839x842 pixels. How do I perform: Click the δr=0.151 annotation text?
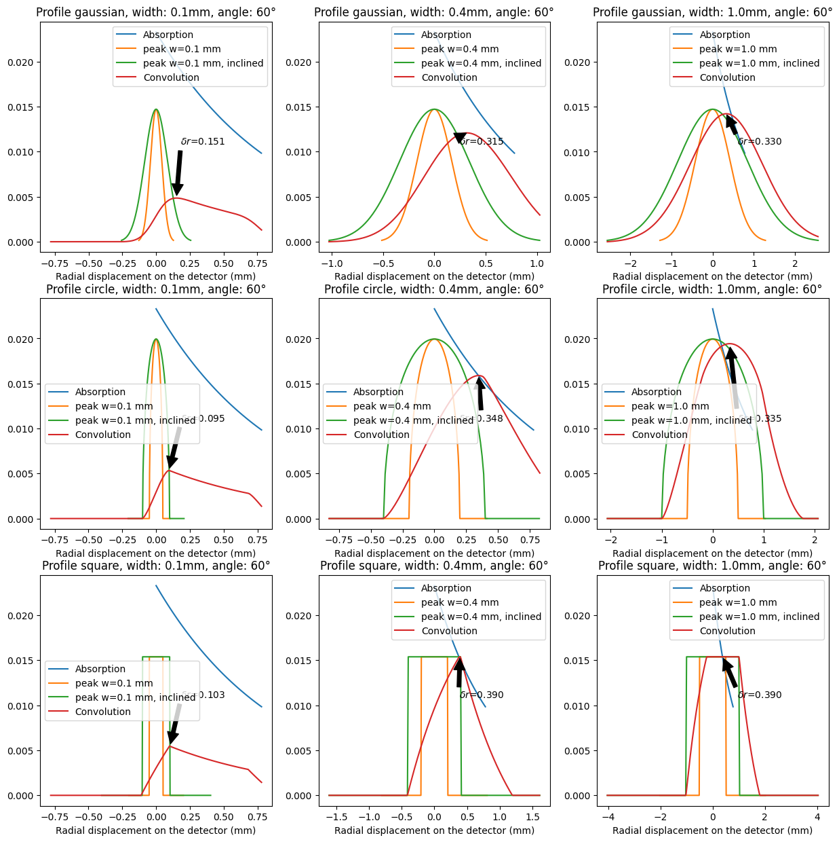[x=202, y=142]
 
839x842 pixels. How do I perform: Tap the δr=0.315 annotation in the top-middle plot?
[x=481, y=142]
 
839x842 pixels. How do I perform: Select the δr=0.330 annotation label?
[x=759, y=142]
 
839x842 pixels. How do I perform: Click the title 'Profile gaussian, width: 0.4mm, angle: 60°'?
[x=434, y=12]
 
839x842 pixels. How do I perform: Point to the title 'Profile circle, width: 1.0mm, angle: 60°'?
[x=712, y=289]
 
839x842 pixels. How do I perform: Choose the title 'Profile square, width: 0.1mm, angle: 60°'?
[x=156, y=566]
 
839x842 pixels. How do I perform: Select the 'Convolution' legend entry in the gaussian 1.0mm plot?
[x=727, y=77]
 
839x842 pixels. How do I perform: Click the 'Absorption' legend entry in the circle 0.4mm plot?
[x=378, y=392]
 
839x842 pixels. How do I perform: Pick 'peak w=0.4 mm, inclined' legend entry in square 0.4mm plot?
[x=481, y=617]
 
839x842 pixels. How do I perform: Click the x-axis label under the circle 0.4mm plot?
[x=434, y=553]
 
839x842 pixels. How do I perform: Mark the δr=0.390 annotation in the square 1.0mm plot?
[x=759, y=695]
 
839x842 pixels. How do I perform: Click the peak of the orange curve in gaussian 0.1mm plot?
[x=156, y=109]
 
